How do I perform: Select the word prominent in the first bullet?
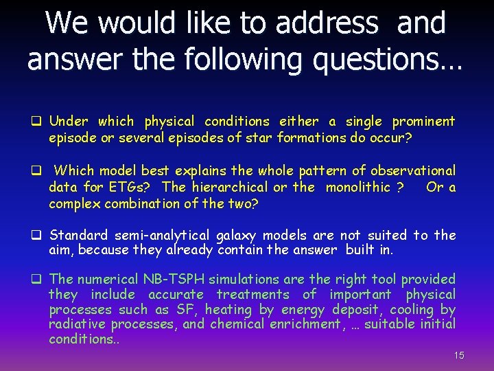pyautogui.click(x=423, y=122)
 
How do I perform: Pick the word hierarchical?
pyautogui.click(x=229, y=187)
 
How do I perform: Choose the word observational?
pyautogui.click(x=414, y=170)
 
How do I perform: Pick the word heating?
pyautogui.click(x=231, y=310)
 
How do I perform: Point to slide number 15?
pyautogui.click(x=459, y=355)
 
